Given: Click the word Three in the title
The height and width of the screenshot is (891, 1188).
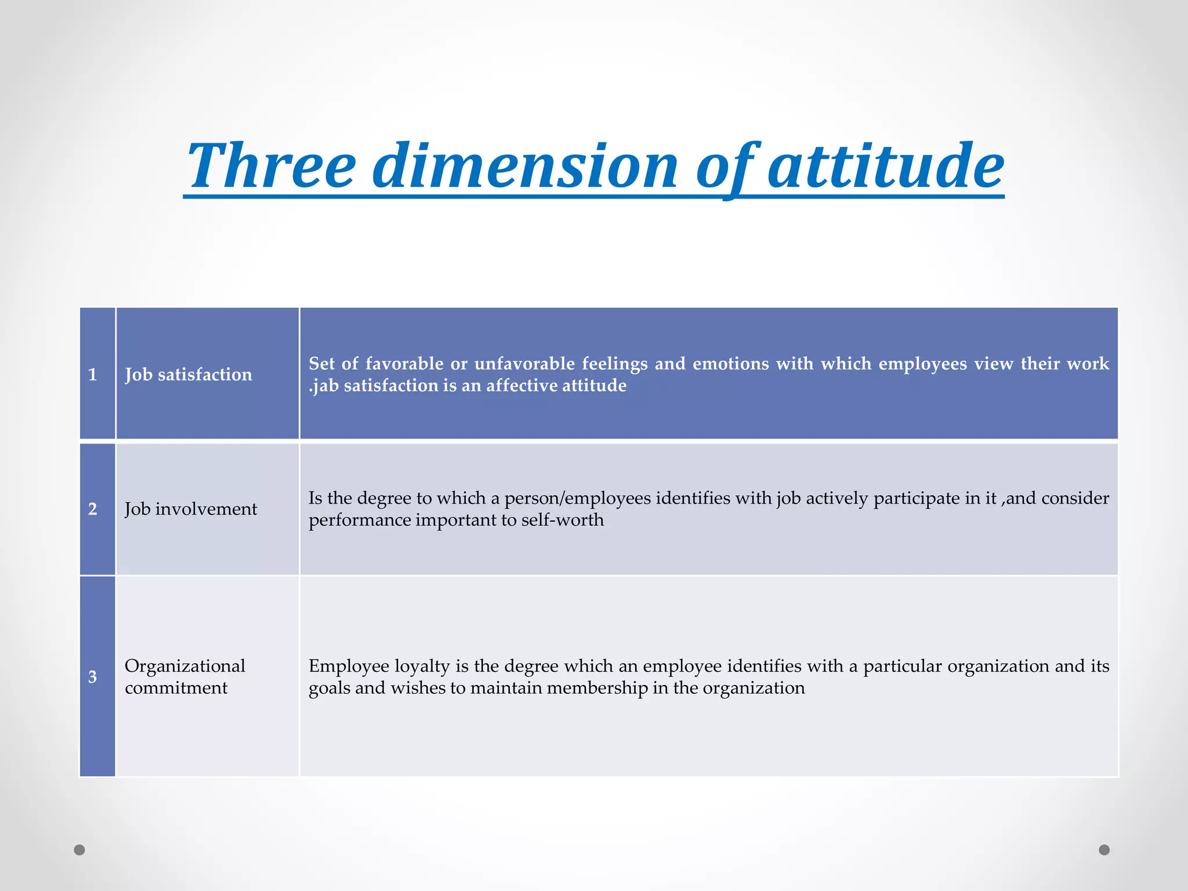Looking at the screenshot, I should click(271, 166).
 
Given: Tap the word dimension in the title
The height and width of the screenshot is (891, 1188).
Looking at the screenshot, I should click(524, 166).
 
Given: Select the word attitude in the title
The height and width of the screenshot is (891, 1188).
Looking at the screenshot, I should click(886, 166).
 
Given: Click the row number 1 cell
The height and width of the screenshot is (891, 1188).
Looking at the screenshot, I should click(93, 374).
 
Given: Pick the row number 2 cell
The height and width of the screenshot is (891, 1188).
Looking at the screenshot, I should click(93, 509).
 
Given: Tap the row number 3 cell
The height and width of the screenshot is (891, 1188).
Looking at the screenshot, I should click(93, 676).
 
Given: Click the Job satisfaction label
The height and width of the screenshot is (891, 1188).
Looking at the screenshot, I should click(189, 375).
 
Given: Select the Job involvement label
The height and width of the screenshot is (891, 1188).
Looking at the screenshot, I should click(191, 509).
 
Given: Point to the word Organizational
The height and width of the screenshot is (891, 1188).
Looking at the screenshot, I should click(185, 666).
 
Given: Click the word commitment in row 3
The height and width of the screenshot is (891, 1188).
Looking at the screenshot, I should click(176, 688).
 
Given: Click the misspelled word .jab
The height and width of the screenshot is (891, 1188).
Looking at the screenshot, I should click(323, 386).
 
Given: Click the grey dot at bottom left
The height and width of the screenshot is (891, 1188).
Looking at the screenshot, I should click(79, 850).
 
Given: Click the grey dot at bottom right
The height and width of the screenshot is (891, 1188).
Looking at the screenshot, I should click(1104, 850).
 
